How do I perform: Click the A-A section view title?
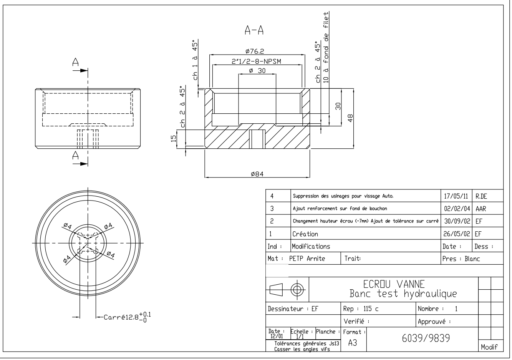tap(254, 30)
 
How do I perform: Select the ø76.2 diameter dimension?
tap(255, 51)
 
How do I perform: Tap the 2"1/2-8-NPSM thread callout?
tap(256, 61)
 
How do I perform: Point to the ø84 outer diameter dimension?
tap(257, 174)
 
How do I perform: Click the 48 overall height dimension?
tap(350, 118)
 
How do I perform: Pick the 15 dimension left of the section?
tap(174, 139)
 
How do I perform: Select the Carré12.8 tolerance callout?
tap(127, 317)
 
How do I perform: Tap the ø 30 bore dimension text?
tap(257, 71)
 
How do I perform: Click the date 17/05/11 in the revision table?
tap(456, 196)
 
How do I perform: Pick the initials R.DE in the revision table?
tap(481, 196)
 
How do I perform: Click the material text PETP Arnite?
tap(307, 259)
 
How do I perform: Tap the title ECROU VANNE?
tap(394, 284)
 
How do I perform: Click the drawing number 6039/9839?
tap(426, 338)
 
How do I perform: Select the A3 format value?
tap(353, 343)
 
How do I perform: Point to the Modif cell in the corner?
tap(489, 347)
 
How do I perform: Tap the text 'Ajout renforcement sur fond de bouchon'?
tap(340, 209)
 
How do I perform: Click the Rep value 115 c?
tap(371, 309)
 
